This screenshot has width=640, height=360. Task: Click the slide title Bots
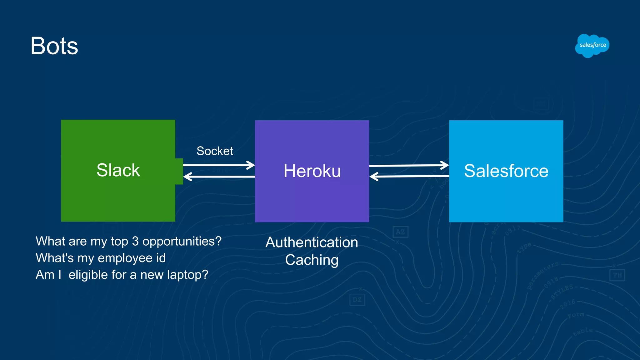54,46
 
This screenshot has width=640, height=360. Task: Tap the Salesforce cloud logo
592,46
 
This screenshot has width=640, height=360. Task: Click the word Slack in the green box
118,170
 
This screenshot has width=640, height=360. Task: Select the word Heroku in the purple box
312,171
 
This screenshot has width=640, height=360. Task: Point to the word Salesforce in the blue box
506,171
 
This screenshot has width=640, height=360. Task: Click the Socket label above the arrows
215,151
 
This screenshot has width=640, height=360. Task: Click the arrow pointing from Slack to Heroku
219,165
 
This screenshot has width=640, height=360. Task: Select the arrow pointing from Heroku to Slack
219,177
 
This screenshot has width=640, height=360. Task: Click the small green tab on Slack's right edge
179,171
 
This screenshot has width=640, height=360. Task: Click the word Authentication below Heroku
312,242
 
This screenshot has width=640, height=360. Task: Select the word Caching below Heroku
312,260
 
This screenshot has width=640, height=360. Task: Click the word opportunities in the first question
182,241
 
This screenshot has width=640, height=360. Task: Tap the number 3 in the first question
135,241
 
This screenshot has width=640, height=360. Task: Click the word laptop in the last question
187,275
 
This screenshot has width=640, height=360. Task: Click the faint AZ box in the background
400,232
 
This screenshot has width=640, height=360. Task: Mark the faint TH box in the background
617,275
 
